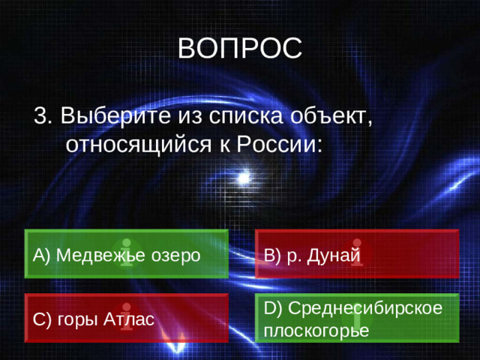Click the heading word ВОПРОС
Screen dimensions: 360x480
pyautogui.click(x=241, y=49)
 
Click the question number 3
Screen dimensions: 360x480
pyautogui.click(x=42, y=117)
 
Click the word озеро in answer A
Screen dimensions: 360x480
pyautogui.click(x=178, y=255)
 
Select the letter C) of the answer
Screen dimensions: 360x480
pyautogui.click(x=41, y=320)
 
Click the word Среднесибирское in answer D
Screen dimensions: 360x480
pyautogui.click(x=364, y=308)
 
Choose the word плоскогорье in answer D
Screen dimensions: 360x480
pyautogui.click(x=316, y=331)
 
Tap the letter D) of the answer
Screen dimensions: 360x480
pyautogui.click(x=273, y=308)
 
